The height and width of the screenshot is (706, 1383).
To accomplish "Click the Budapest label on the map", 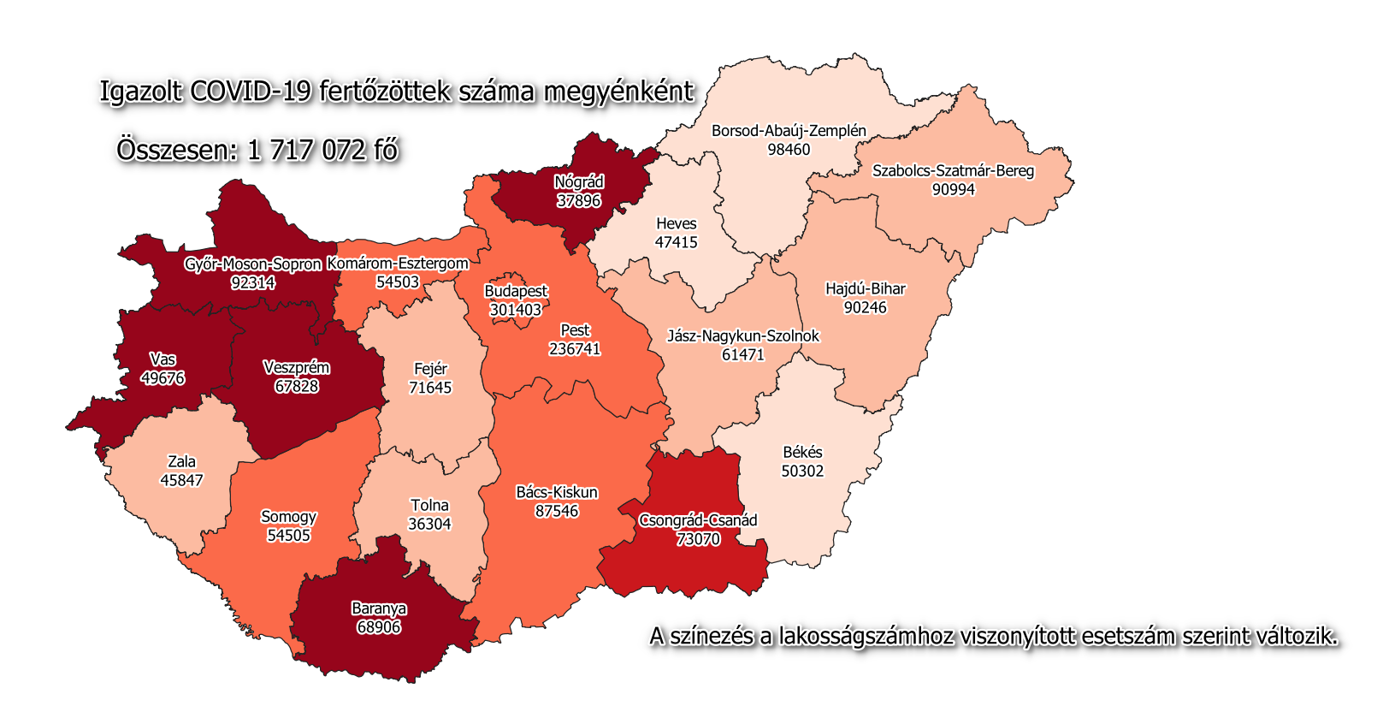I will point(515,291).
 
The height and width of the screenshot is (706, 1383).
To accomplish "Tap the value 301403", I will point(515,310).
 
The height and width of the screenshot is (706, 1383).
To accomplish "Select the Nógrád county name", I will point(579,181).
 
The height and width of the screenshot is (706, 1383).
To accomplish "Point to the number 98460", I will point(789,150).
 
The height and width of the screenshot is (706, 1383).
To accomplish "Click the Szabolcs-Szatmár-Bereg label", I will point(953,170).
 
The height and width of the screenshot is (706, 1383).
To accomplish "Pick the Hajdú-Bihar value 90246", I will point(865,307).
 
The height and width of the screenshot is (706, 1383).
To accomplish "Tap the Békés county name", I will point(802,452).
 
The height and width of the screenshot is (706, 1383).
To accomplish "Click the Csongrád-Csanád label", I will point(698,520).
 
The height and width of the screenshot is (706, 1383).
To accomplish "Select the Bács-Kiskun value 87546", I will point(557,511).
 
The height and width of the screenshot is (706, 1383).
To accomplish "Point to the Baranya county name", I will point(379,608).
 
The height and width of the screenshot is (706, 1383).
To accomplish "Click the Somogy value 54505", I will point(288,536).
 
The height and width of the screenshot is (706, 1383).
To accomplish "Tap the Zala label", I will point(181,461).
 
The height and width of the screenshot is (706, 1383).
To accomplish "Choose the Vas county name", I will point(163,359).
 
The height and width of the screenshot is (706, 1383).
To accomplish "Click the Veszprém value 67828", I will point(296,386).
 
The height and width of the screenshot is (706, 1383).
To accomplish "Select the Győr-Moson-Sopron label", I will point(252,264).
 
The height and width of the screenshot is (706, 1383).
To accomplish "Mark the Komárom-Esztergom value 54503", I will point(398,282).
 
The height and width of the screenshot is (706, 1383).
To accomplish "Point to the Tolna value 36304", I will point(429,524).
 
